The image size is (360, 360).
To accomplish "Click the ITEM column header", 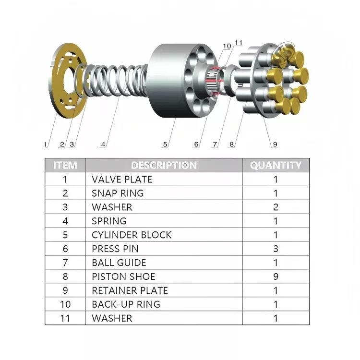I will [65, 166].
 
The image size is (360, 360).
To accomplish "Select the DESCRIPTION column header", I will [164, 166].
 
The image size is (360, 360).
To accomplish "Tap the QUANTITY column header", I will [276, 166].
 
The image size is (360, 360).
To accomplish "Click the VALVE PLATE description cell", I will [122, 180].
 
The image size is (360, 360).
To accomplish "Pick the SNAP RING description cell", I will [118, 193].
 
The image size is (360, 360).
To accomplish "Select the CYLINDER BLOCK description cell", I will [132, 235].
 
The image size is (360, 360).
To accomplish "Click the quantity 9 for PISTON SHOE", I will [276, 276].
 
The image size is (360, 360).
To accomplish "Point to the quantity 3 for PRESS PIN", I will [276, 249].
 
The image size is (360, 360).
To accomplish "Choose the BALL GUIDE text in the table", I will [119, 263].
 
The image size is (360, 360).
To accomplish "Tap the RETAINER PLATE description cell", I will [130, 290].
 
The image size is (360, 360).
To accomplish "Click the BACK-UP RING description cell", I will [126, 304].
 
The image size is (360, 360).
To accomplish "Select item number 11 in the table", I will [65, 318].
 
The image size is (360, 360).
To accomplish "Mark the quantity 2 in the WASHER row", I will [276, 207].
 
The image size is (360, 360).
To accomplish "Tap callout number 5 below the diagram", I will [165, 144].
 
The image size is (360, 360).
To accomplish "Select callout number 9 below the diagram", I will [275, 144].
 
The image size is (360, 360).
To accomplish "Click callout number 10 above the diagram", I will [227, 46].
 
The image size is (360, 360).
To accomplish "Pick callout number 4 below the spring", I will [103, 144].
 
